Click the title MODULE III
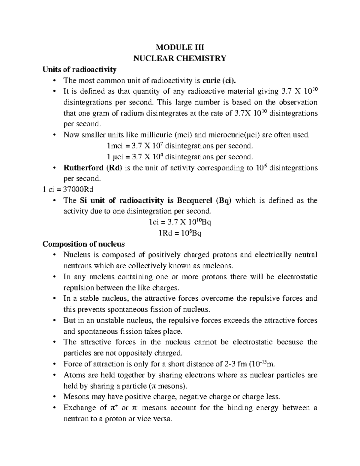point(180,47)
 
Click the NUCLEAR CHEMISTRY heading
point(180,58)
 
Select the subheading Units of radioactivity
point(79,69)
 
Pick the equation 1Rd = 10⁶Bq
point(180,233)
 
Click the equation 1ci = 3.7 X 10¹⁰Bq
point(180,222)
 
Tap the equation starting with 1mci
point(180,146)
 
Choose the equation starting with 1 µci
point(180,157)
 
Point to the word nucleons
point(217,266)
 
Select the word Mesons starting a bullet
point(75,397)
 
